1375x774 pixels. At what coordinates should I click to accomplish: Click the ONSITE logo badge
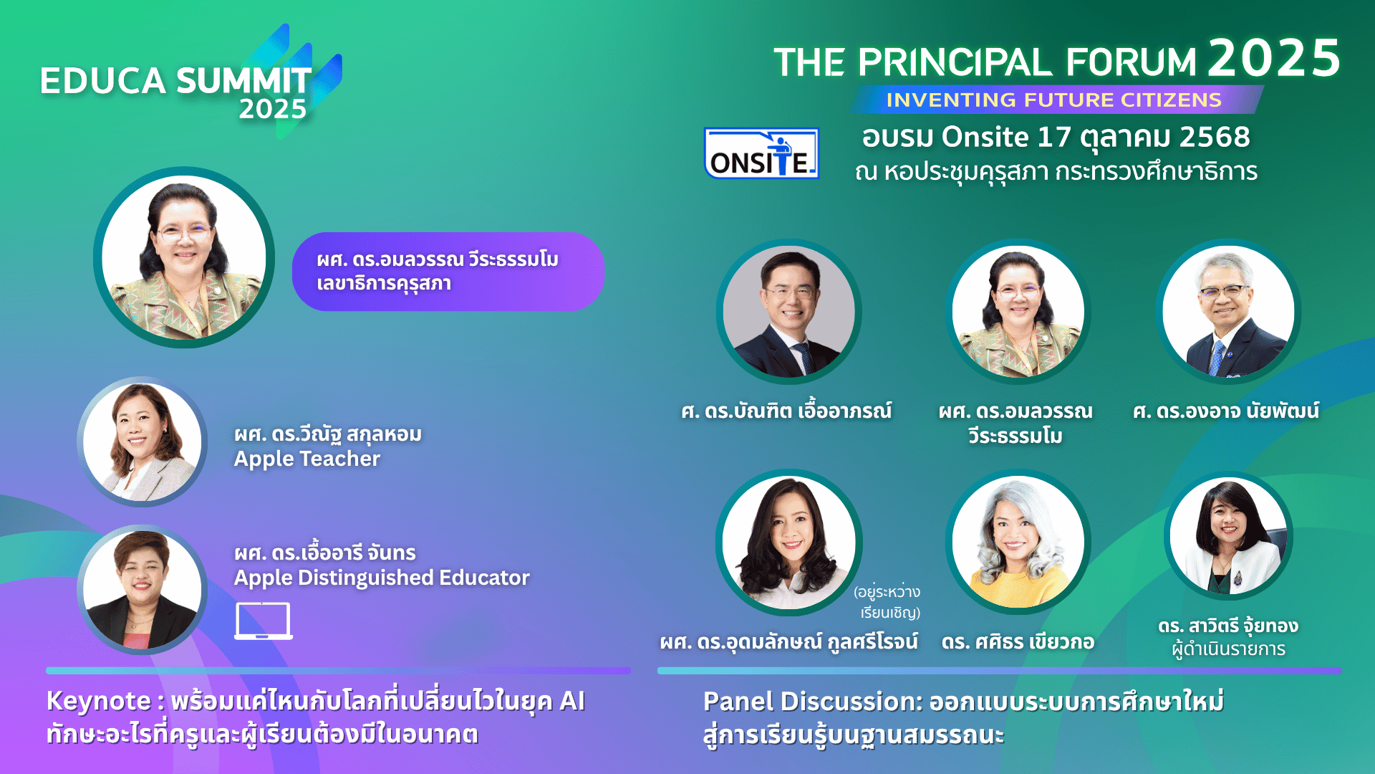(761, 153)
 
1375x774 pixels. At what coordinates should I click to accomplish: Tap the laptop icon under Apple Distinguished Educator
(264, 621)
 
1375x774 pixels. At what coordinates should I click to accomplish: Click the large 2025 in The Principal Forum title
(1274, 58)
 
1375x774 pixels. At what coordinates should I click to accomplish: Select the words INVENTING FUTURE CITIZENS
(1053, 100)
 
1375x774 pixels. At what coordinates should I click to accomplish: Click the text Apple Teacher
(307, 459)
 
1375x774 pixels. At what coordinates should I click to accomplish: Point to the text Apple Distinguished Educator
(382, 578)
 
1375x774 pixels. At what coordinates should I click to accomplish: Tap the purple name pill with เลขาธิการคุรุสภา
(448, 271)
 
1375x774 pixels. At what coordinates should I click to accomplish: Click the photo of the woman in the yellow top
(1018, 542)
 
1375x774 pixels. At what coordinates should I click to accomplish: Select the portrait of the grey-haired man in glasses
(1228, 311)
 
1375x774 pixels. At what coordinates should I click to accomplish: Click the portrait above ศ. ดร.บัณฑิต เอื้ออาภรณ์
(788, 311)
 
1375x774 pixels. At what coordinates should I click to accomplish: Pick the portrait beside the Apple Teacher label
(142, 441)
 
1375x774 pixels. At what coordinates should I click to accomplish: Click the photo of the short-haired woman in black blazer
(142, 589)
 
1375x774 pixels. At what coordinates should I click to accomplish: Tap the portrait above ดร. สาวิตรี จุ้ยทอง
(1228, 535)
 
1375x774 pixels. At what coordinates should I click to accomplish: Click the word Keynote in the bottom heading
(99, 701)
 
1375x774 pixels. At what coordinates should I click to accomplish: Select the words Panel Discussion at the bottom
(812, 702)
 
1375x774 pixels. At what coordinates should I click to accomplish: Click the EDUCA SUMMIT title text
(175, 80)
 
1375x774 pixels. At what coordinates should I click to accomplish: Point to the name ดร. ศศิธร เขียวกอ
(1018, 641)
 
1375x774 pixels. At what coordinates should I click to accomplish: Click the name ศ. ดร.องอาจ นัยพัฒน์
(1226, 411)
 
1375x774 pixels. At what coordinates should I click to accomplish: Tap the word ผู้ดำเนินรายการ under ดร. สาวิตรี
(1228, 649)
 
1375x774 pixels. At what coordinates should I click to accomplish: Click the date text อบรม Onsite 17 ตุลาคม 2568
(1056, 137)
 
